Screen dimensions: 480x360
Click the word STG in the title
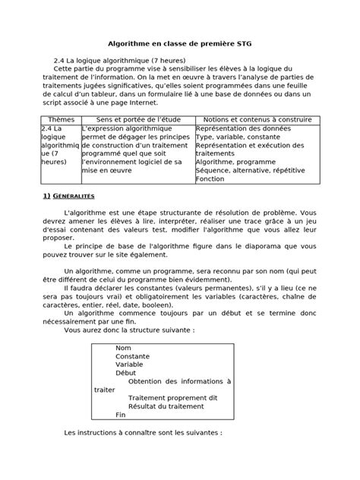(248, 46)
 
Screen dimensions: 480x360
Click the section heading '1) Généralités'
(71, 197)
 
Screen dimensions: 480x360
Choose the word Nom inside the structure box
(122, 348)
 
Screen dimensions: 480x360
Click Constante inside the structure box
(131, 356)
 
